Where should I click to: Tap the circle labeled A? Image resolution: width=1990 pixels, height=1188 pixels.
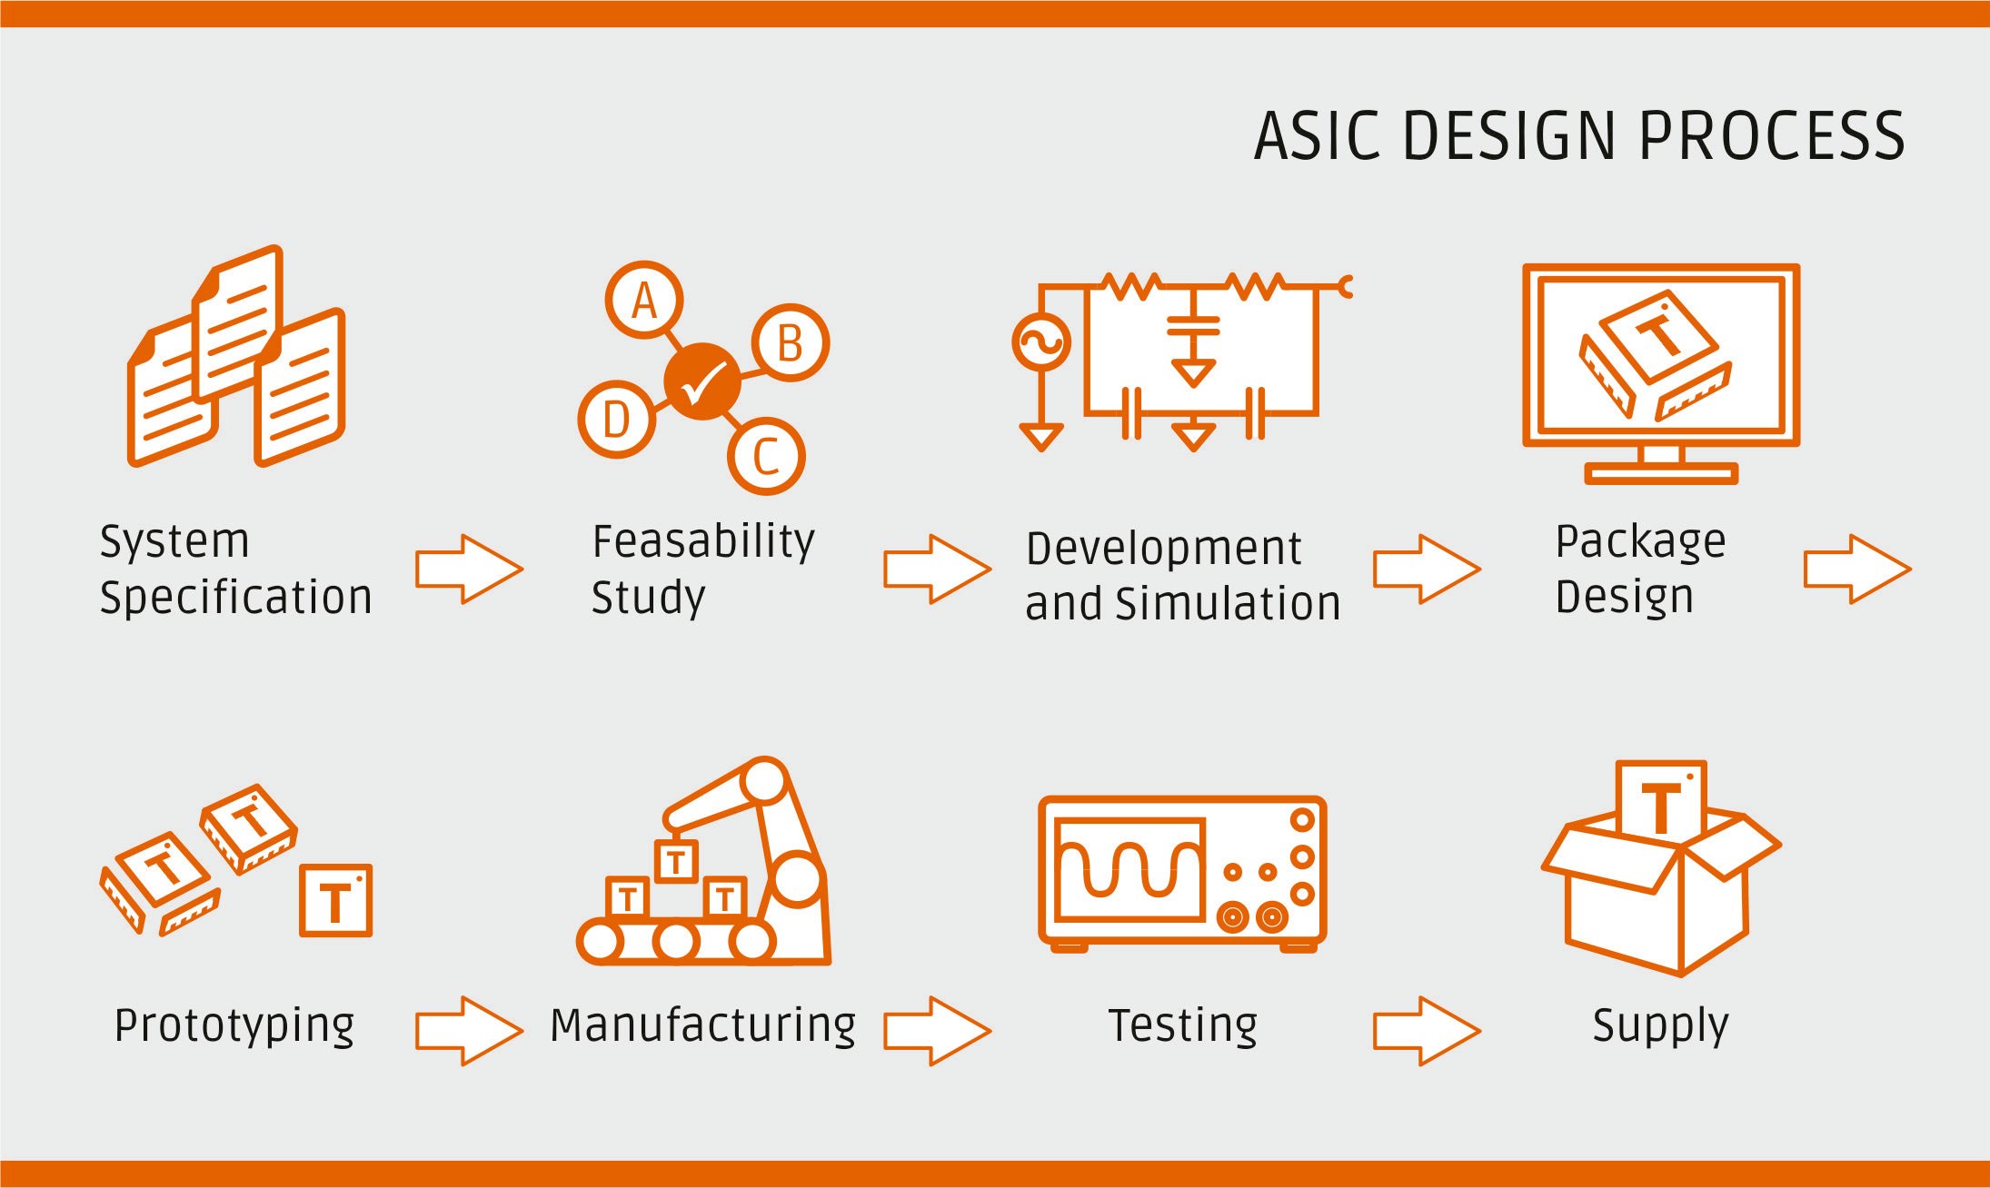[x=644, y=301]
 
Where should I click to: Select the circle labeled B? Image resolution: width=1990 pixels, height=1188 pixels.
[x=790, y=343]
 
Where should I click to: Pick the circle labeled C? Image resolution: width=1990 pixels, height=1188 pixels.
[x=766, y=456]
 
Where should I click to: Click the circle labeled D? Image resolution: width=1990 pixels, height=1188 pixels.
[x=616, y=419]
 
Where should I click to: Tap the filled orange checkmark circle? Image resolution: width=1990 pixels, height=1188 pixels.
[x=702, y=381]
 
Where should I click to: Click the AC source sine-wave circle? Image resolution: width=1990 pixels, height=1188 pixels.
[x=1041, y=342]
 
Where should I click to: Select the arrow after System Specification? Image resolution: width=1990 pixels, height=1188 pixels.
[x=469, y=569]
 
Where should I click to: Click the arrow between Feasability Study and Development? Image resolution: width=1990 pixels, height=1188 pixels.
[x=937, y=569]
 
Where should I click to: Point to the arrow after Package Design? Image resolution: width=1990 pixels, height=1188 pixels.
[x=1856, y=569]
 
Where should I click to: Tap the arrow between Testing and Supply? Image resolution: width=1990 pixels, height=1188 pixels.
[x=1426, y=1030]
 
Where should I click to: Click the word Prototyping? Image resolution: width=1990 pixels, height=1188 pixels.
[x=234, y=1026]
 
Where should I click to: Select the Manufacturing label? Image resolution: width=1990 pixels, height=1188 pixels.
[x=702, y=1026]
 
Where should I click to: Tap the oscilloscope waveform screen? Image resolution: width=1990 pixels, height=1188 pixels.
[x=1130, y=868]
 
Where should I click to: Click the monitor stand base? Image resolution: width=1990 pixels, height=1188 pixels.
[x=1661, y=472]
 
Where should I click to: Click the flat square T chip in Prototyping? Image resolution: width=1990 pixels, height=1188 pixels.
[x=335, y=900]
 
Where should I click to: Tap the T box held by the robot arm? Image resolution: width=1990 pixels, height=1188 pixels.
[x=676, y=862]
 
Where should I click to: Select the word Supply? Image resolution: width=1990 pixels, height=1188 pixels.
[x=1660, y=1026]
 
